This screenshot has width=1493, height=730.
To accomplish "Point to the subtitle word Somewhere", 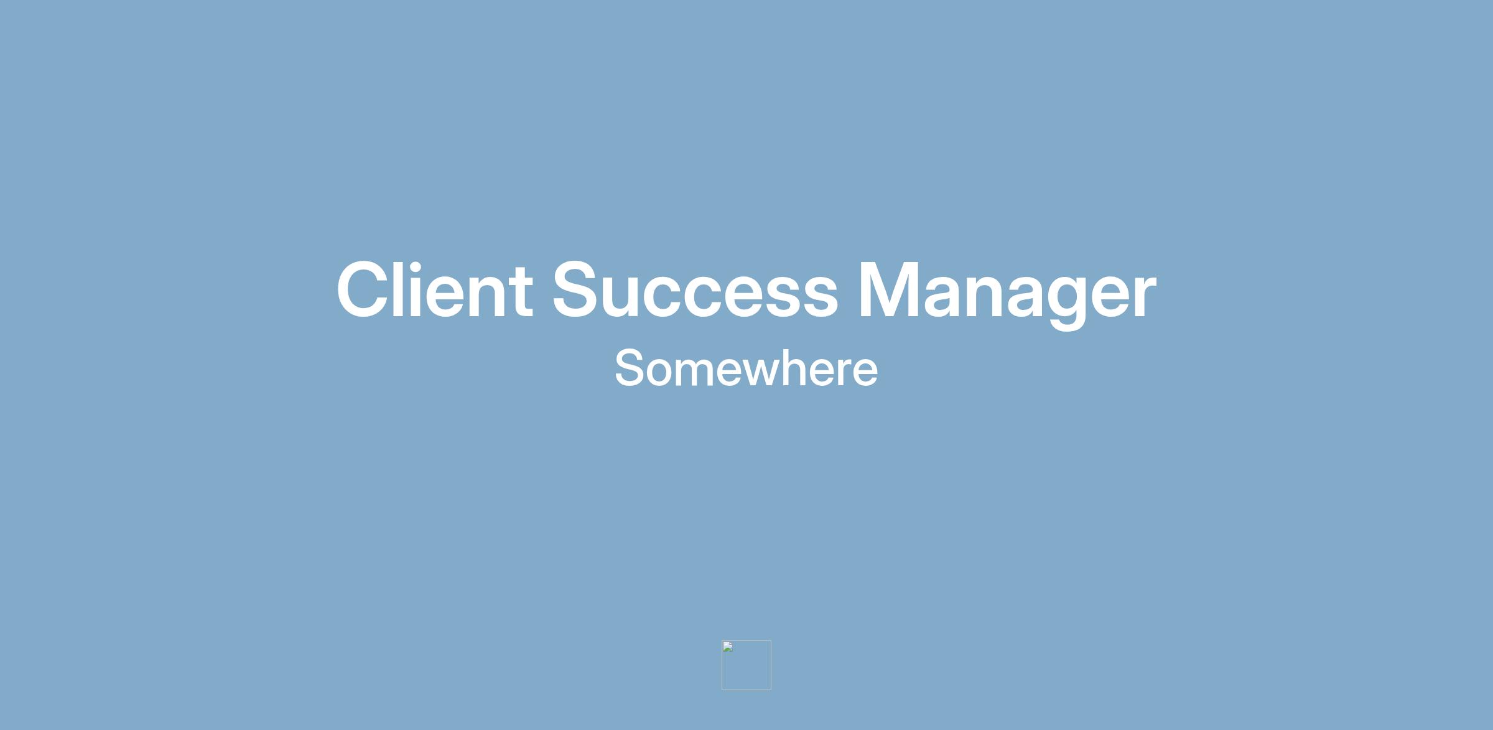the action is pyautogui.click(x=746, y=368).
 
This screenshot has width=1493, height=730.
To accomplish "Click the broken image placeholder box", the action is pyautogui.click(x=746, y=665).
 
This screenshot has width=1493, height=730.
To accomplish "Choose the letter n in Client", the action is pyautogui.click(x=481, y=297).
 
